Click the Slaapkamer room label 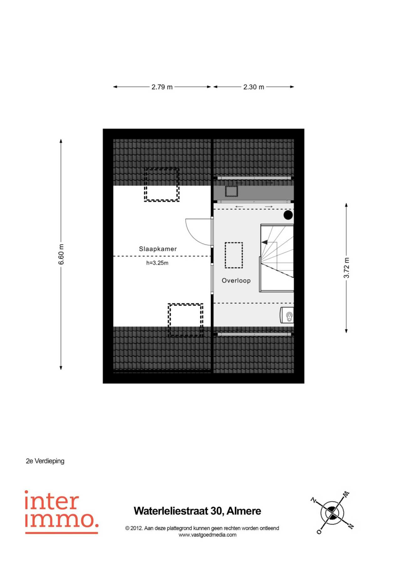158,249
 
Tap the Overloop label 236,280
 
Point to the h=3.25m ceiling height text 157,263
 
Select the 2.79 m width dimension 162,87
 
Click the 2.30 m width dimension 254,87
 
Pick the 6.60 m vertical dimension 61,254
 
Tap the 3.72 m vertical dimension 346,268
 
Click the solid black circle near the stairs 288,215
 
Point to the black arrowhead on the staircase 265,242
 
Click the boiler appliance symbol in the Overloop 287,315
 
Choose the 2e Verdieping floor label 45,461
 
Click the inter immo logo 61,512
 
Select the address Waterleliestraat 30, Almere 197,511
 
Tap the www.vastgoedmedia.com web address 207,535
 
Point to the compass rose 332,513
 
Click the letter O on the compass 319,531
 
